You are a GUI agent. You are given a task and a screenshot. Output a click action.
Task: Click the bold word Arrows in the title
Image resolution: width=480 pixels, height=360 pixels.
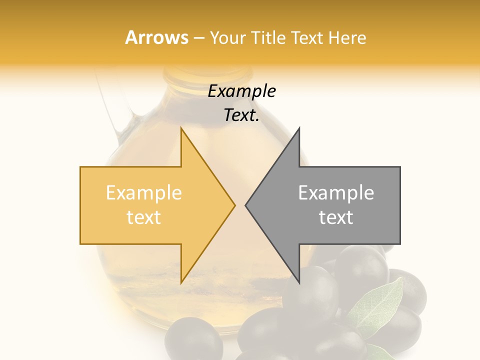[156, 37]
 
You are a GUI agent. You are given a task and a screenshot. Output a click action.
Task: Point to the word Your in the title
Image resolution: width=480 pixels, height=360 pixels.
[228, 38]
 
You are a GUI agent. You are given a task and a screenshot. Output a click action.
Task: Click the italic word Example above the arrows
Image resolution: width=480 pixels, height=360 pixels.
[241, 91]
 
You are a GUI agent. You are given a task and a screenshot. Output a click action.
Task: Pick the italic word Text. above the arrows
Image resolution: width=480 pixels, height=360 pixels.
[241, 115]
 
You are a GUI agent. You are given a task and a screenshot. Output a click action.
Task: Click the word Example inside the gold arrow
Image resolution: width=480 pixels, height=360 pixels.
[143, 192]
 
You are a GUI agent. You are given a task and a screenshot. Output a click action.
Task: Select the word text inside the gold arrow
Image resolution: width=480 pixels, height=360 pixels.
[143, 217]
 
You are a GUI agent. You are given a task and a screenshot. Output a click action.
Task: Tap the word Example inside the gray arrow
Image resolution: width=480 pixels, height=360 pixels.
[336, 192]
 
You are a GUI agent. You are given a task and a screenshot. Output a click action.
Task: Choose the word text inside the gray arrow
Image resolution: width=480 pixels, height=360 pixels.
[336, 217]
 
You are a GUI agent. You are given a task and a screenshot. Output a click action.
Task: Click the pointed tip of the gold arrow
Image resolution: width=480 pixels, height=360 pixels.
[234, 205]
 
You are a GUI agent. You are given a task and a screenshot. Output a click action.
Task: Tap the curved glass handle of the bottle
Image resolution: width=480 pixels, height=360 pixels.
[112, 110]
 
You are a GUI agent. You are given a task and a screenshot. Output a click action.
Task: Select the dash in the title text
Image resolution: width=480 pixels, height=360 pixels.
[199, 38]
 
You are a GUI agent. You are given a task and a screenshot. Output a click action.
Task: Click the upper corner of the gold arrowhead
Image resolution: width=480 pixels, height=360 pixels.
[181, 128]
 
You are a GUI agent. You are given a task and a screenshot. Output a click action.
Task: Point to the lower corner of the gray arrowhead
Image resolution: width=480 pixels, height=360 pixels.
[299, 282]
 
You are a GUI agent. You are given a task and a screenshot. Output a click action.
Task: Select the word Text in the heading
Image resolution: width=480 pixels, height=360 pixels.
[306, 37]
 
